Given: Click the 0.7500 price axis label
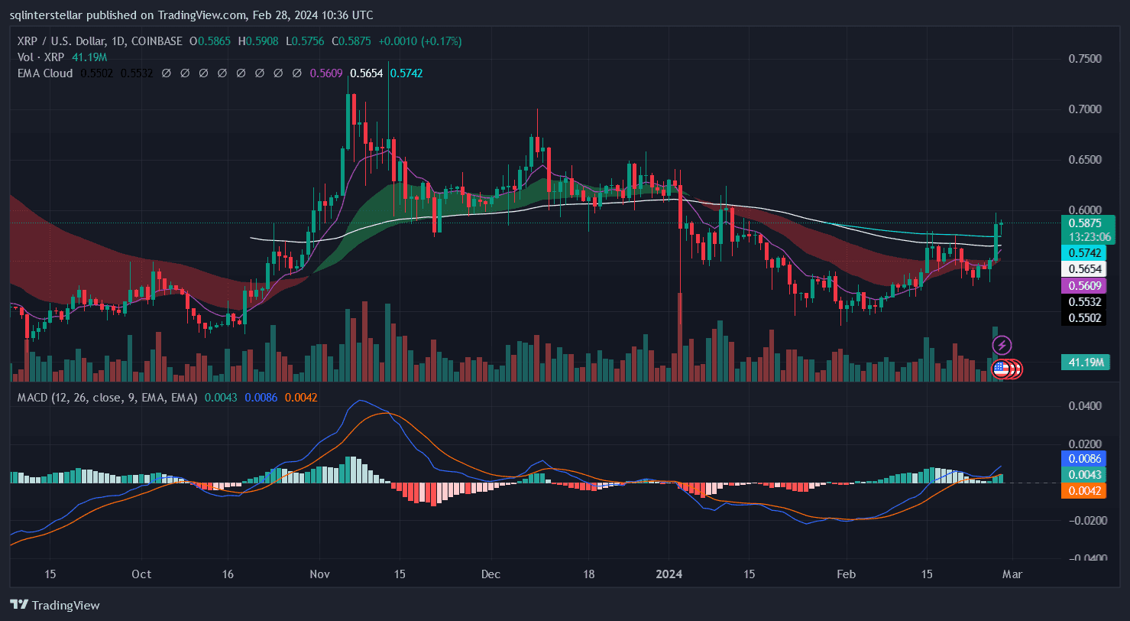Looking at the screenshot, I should (1085, 59).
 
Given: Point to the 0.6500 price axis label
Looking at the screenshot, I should (1085, 160).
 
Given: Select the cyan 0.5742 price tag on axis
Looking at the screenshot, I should (1083, 252).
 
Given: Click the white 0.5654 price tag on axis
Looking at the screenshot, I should (1083, 268).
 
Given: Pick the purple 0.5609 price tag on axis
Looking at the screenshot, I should (1083, 285).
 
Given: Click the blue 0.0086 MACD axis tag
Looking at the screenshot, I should (1084, 458).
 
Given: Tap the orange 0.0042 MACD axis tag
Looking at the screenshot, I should (1084, 490).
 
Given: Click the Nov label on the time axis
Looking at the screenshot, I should (319, 574).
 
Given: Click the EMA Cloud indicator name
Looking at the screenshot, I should (44, 73).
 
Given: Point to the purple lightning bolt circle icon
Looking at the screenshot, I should (1002, 346).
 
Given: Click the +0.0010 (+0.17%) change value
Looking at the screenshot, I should (423, 41).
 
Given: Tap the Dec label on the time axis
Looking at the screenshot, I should (491, 574).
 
